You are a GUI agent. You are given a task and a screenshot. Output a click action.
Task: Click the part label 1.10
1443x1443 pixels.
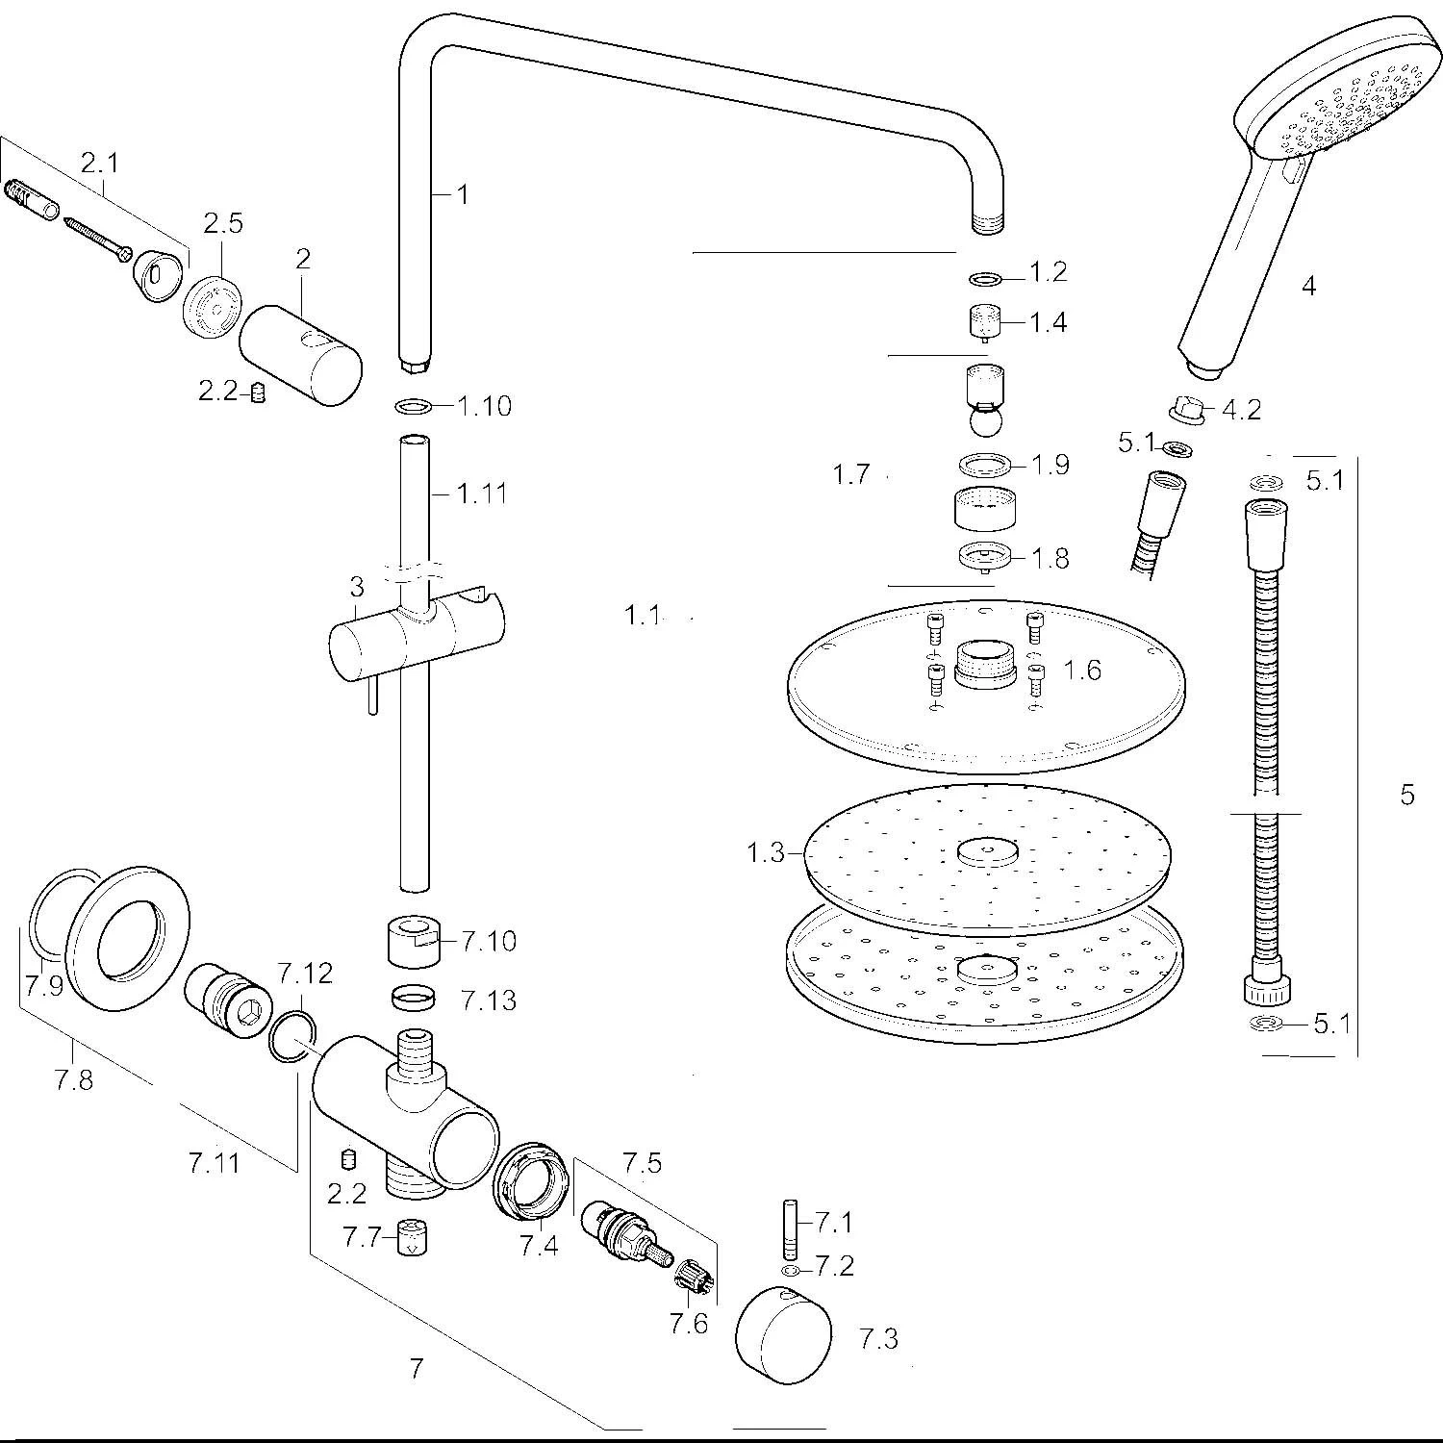tap(484, 406)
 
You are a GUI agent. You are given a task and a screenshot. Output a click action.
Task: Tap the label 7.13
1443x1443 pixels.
tap(488, 1000)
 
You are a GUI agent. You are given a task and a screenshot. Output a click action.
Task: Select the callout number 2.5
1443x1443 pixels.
tap(222, 223)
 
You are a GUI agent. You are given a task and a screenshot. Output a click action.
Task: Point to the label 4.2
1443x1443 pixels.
tap(1241, 410)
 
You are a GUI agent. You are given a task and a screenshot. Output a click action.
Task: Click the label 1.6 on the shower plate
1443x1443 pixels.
tap(1082, 670)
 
